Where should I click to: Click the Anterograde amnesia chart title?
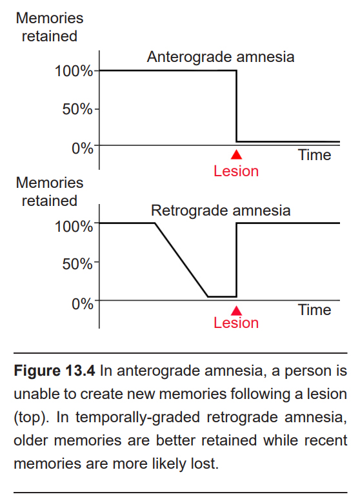point(221,57)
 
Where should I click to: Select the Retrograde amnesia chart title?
point(221,211)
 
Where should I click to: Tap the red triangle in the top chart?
point(237,155)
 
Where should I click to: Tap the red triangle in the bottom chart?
point(237,311)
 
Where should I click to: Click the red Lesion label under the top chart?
point(236,171)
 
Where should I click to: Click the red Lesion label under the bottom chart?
point(236,323)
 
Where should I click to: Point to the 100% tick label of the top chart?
point(74,71)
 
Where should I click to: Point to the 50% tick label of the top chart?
point(77,109)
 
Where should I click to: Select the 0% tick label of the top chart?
point(83,148)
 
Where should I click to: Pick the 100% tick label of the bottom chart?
point(74,227)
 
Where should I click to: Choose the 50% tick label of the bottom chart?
point(77,264)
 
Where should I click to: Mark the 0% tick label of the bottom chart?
point(83,304)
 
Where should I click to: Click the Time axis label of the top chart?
point(315,156)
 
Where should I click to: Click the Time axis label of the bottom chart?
point(315,311)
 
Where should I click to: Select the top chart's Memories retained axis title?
point(50,27)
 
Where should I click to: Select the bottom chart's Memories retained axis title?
point(50,192)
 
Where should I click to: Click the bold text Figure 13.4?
point(55,371)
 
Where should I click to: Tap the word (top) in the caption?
point(31,417)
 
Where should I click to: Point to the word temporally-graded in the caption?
point(137,417)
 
